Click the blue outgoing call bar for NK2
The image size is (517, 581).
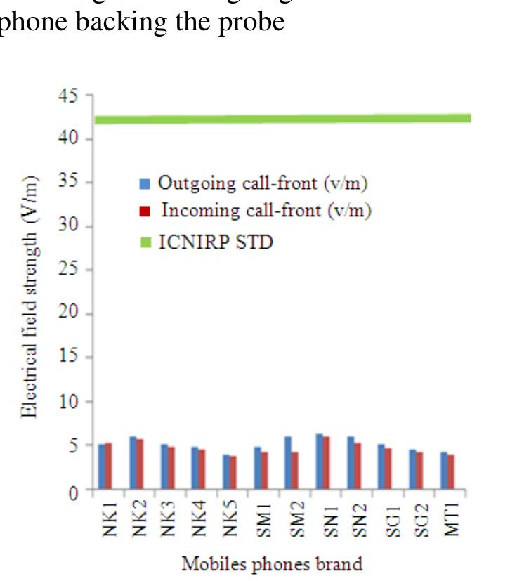coord(133,462)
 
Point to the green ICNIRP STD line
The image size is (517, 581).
coord(281,119)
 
